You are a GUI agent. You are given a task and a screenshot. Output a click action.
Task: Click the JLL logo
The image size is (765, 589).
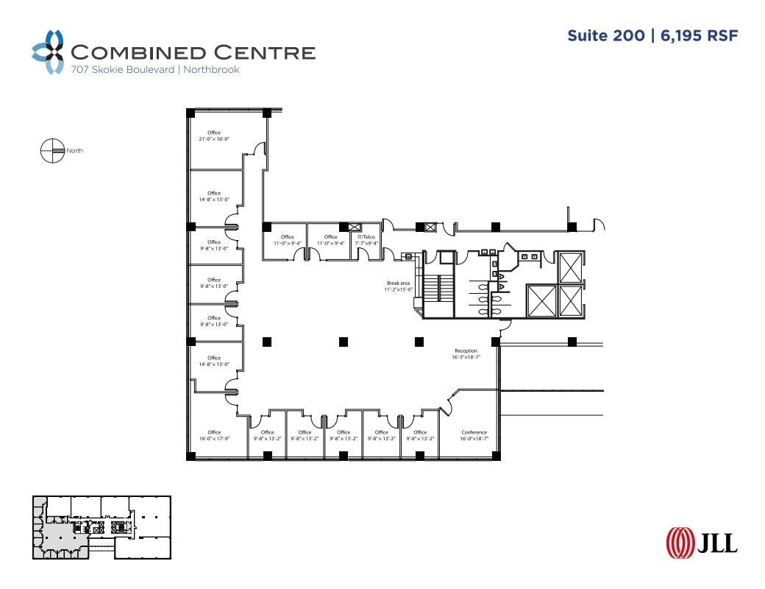tap(701, 542)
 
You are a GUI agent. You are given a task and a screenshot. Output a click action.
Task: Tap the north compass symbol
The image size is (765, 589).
tap(51, 150)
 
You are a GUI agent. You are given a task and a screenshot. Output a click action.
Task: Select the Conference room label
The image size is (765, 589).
tap(474, 433)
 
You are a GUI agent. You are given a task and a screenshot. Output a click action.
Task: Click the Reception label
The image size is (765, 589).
tap(466, 351)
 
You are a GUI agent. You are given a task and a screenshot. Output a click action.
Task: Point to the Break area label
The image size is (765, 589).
tap(398, 283)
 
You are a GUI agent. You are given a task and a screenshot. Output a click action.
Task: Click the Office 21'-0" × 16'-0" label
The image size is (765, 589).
tap(214, 133)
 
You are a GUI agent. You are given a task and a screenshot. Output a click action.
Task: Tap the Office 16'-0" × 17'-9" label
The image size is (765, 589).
tap(214, 433)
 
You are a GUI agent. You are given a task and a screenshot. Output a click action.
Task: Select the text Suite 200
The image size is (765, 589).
tap(605, 35)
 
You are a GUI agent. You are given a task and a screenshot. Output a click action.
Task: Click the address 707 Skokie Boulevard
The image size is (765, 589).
tap(122, 70)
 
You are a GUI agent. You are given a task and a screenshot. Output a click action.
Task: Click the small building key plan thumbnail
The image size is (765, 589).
tap(102, 527)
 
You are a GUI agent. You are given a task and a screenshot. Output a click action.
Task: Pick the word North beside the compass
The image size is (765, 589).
tap(74, 151)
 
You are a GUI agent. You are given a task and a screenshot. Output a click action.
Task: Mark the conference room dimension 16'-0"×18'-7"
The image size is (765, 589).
tap(474, 439)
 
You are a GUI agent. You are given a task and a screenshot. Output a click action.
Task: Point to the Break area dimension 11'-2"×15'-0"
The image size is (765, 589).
tap(398, 289)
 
